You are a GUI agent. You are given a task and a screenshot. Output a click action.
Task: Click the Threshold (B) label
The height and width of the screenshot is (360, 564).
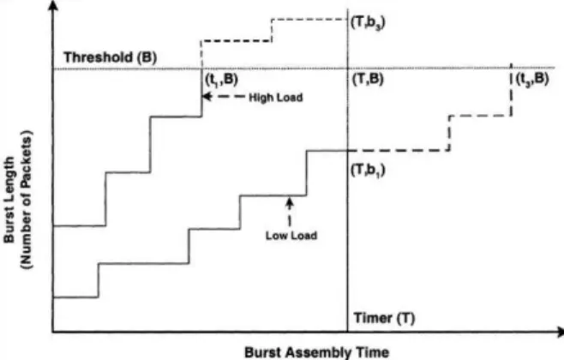110,57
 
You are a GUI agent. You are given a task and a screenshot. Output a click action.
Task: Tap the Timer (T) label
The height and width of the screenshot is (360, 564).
384,318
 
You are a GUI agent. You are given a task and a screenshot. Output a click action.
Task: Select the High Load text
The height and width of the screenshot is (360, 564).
276,98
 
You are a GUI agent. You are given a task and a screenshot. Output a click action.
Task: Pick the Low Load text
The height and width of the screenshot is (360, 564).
291,236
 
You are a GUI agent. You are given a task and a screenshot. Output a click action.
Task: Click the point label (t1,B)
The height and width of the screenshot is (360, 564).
221,80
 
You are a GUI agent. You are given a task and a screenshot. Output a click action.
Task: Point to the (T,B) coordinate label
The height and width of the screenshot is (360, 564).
368,79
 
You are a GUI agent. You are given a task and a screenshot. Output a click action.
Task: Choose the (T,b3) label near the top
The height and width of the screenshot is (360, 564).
368,23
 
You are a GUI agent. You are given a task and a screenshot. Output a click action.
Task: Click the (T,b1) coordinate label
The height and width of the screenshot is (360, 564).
368,170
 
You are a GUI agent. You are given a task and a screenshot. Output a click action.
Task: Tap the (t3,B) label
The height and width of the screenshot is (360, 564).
532,79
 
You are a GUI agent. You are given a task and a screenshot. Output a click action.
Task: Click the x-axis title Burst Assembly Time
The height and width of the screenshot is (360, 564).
316,351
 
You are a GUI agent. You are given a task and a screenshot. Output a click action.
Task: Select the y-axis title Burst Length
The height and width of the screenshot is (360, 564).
9,200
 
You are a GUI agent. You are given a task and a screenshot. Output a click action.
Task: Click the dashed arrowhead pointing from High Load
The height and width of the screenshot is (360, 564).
206,96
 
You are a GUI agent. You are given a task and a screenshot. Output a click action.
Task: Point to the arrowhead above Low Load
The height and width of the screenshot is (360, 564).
290,201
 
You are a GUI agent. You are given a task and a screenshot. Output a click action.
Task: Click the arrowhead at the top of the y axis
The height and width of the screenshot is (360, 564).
53,4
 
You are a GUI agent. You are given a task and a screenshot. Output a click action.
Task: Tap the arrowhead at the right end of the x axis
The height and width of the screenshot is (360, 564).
560,332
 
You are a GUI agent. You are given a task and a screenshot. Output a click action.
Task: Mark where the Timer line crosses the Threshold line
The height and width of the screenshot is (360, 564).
348,68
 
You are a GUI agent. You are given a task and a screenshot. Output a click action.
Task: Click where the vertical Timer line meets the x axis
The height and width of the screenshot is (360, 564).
348,332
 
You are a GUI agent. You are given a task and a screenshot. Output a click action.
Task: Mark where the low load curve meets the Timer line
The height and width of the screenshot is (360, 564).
348,150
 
